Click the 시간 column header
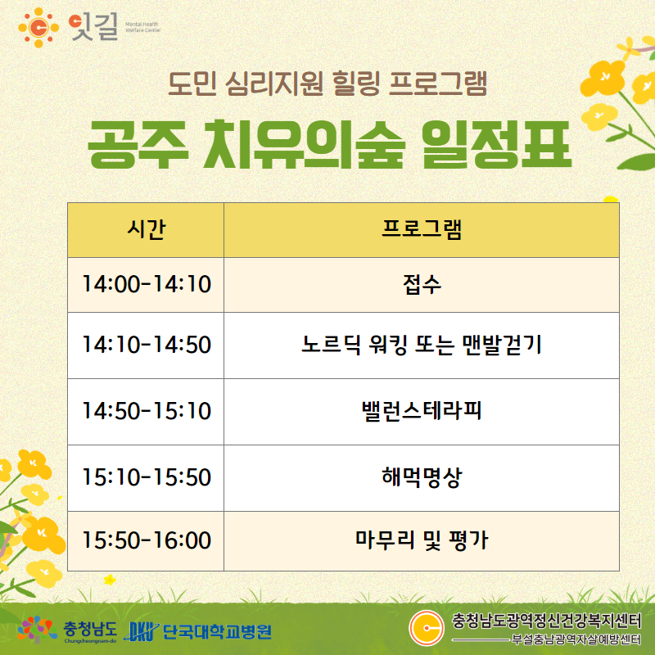point(146,230)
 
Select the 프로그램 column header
point(422,230)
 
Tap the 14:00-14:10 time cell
point(146,285)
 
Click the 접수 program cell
point(422,285)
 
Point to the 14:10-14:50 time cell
point(146,346)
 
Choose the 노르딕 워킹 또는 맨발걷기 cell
point(422,346)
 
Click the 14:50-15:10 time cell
point(146,412)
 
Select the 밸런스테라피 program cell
point(422,412)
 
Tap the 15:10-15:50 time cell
point(146,478)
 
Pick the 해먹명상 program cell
point(422,478)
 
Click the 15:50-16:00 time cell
point(146,541)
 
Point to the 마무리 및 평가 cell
point(422,541)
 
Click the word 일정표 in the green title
point(495,145)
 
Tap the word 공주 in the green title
point(138,145)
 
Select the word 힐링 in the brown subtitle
point(356,84)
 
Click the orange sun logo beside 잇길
point(38,28)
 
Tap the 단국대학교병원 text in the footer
point(216,631)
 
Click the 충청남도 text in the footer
point(90,628)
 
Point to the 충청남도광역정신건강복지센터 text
point(546,621)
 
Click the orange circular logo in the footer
point(427,628)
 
